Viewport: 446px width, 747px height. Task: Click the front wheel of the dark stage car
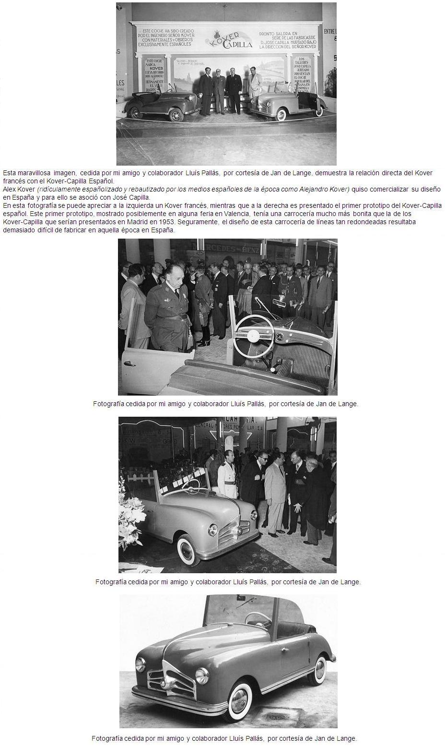click(176, 114)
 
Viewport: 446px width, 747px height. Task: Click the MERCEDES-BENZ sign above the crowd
click(245, 250)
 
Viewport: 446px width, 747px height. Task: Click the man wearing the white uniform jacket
click(227, 480)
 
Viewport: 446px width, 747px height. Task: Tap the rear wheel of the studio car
click(317, 670)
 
